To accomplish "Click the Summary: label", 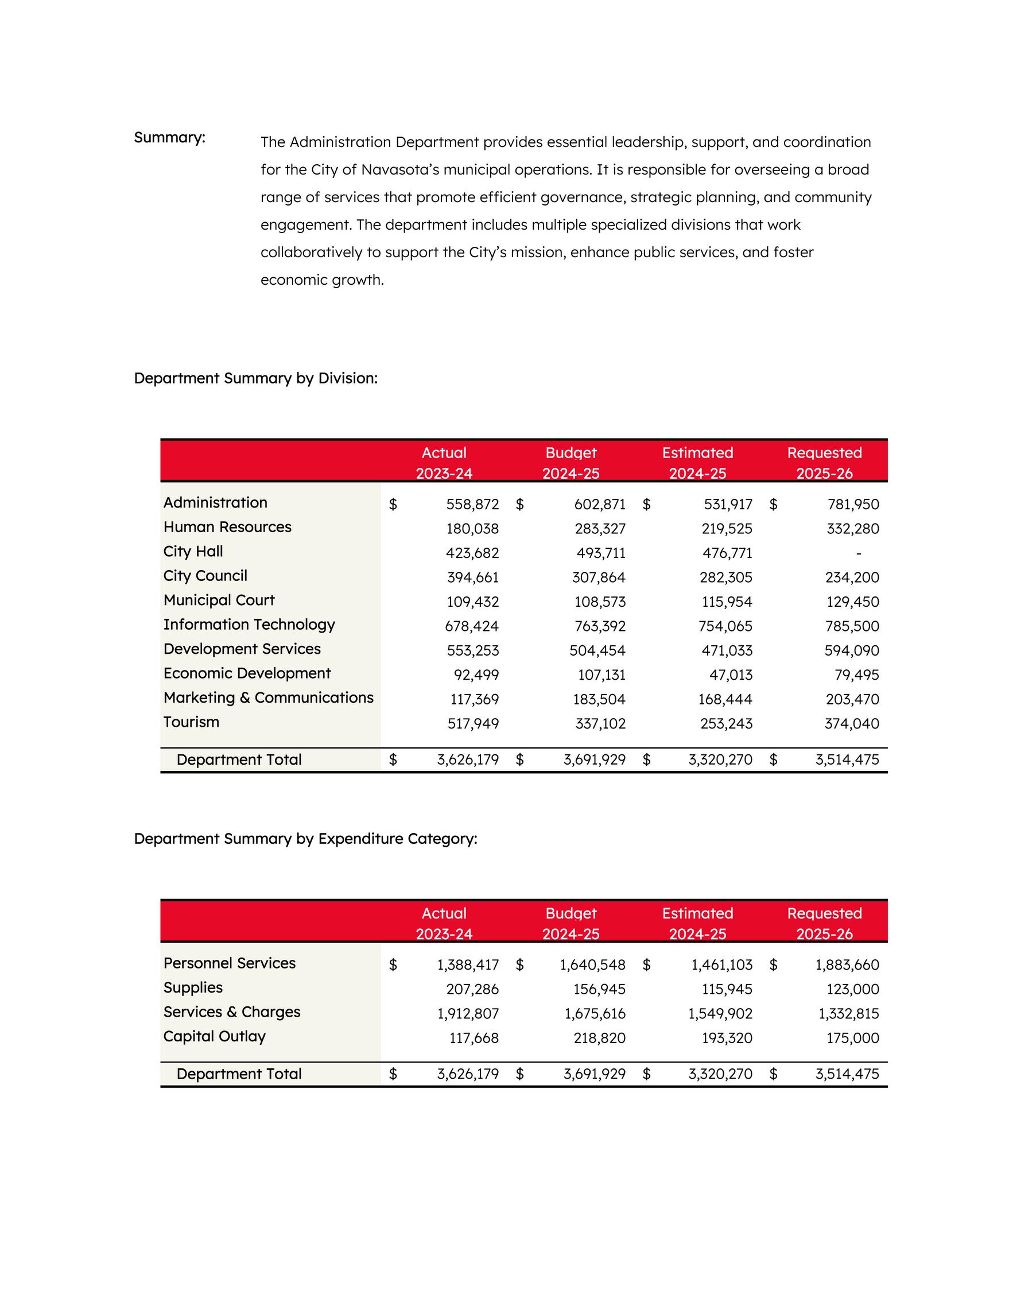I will pos(169,138).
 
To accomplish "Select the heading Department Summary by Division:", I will pos(255,378).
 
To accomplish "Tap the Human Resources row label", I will pos(227,528).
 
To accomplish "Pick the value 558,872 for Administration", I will pos(472,505).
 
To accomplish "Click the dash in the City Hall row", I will pos(859,554).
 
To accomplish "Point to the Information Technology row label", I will pos(249,625).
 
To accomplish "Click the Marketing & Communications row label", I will pos(269,698).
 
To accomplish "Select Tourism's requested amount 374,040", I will pos(851,724).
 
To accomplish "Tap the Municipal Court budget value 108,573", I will pos(600,602).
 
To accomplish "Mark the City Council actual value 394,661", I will pos(472,578).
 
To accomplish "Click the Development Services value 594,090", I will pos(851,650).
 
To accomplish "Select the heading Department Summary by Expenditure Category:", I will pos(305,839).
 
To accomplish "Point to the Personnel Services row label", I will pos(230,963).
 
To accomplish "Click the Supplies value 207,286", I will pos(472,990).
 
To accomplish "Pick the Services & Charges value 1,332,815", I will pos(847,1014).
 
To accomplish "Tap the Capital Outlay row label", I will pos(214,1036).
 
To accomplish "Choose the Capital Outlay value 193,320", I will pos(727,1038).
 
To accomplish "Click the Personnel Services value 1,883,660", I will pos(847,965).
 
